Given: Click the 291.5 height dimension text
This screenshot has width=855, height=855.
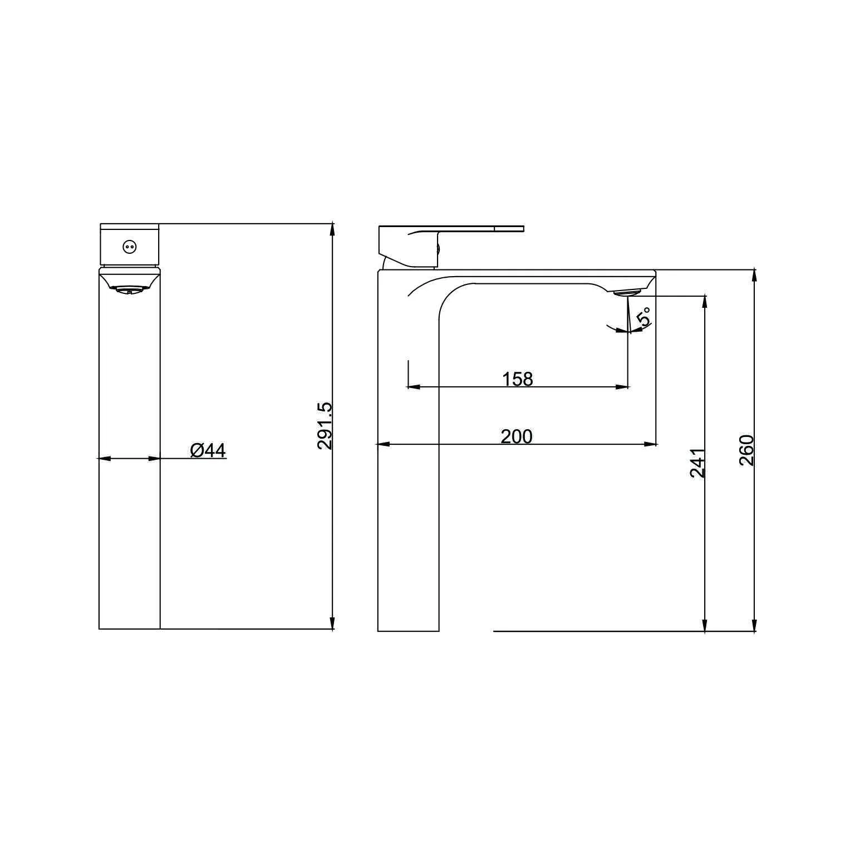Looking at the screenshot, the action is tap(325, 426).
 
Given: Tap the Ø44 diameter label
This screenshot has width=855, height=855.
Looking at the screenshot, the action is tap(208, 450).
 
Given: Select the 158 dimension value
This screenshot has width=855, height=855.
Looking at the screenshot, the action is tap(518, 379).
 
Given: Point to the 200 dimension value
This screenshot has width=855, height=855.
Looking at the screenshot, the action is tap(517, 436).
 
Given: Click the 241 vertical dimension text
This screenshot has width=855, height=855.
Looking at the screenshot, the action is tap(698, 463).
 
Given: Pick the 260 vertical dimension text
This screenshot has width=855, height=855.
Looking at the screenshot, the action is tap(746, 451).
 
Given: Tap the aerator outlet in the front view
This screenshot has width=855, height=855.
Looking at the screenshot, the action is tap(129, 289).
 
